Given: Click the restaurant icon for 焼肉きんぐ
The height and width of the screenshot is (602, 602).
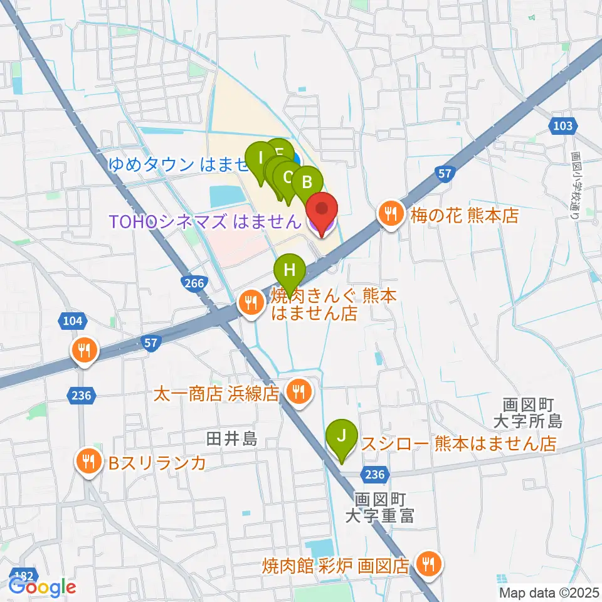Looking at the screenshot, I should tap(251, 304).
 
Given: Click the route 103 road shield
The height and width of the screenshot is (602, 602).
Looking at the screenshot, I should tap(563, 127).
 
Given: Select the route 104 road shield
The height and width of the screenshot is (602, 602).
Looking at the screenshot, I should tap(73, 321).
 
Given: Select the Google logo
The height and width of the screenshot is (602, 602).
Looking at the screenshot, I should tap(42, 587).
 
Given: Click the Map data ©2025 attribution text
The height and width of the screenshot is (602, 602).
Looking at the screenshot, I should tap(549, 593).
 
